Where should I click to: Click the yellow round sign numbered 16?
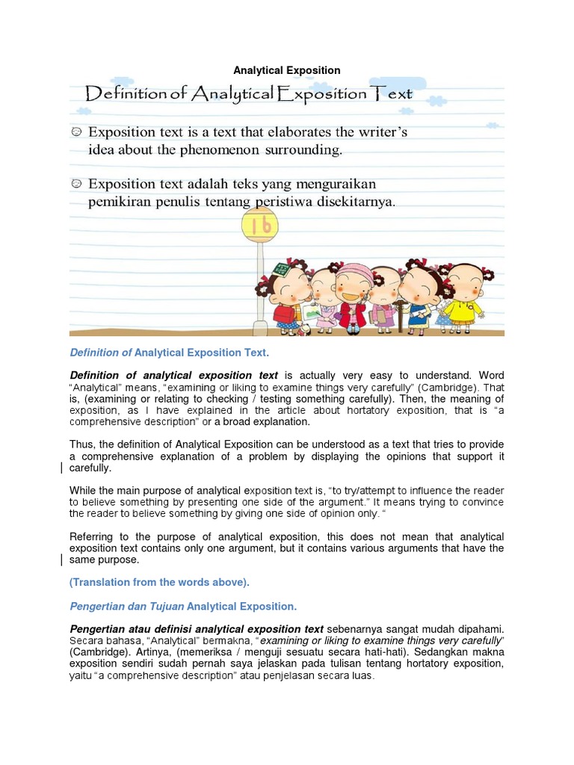[259, 225]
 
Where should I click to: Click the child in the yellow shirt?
[464, 296]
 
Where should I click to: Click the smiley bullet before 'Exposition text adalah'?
[76, 184]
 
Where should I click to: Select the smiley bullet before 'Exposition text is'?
[76, 132]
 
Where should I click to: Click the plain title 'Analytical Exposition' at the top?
[287, 70]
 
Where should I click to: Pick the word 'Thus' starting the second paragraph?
[81, 445]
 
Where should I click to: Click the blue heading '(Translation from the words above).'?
[159, 582]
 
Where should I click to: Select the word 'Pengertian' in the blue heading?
[95, 606]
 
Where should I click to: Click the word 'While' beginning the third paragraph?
[83, 491]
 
